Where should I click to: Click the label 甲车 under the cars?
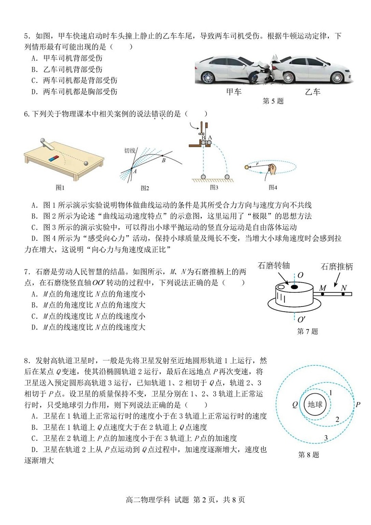234,92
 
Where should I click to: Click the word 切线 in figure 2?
130,151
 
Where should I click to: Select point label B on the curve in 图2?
163,160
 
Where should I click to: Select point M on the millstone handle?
323,294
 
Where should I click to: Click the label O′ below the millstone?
301,319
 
